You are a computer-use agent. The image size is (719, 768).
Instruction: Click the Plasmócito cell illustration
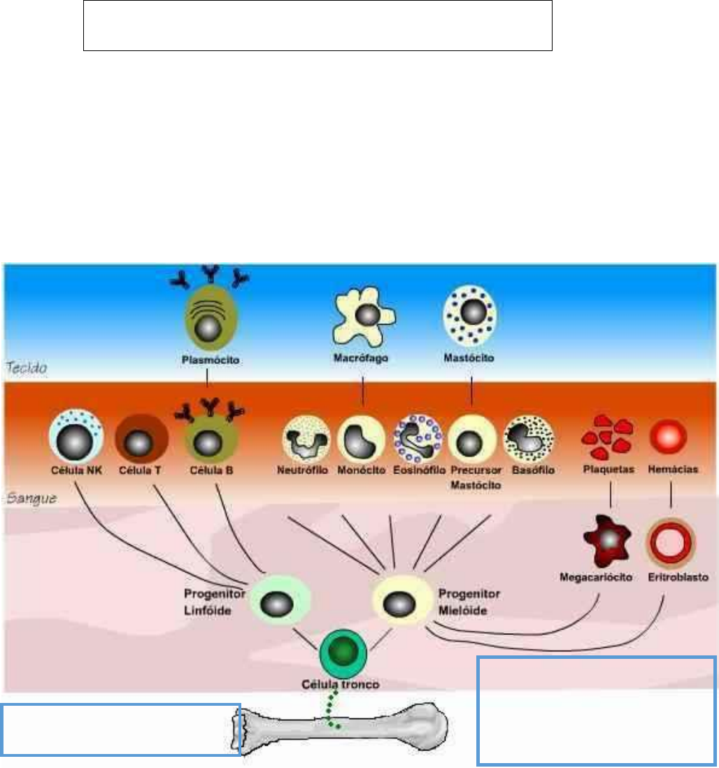pos(207,321)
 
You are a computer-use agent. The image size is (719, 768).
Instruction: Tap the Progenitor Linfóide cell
pos(280,600)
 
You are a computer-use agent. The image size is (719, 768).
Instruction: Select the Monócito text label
pos(362,471)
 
